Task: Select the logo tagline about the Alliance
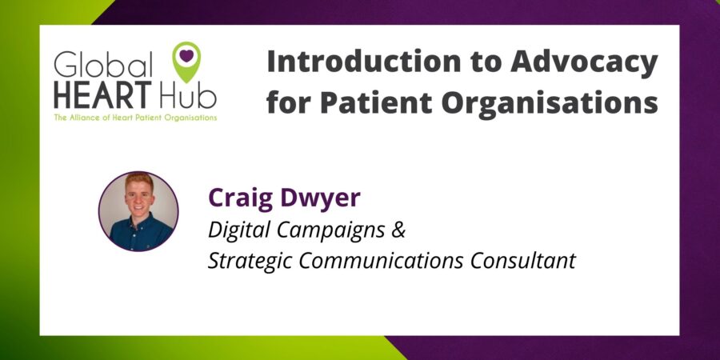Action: pos(134,118)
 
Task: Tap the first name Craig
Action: pos(237,198)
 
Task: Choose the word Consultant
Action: pos(522,262)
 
